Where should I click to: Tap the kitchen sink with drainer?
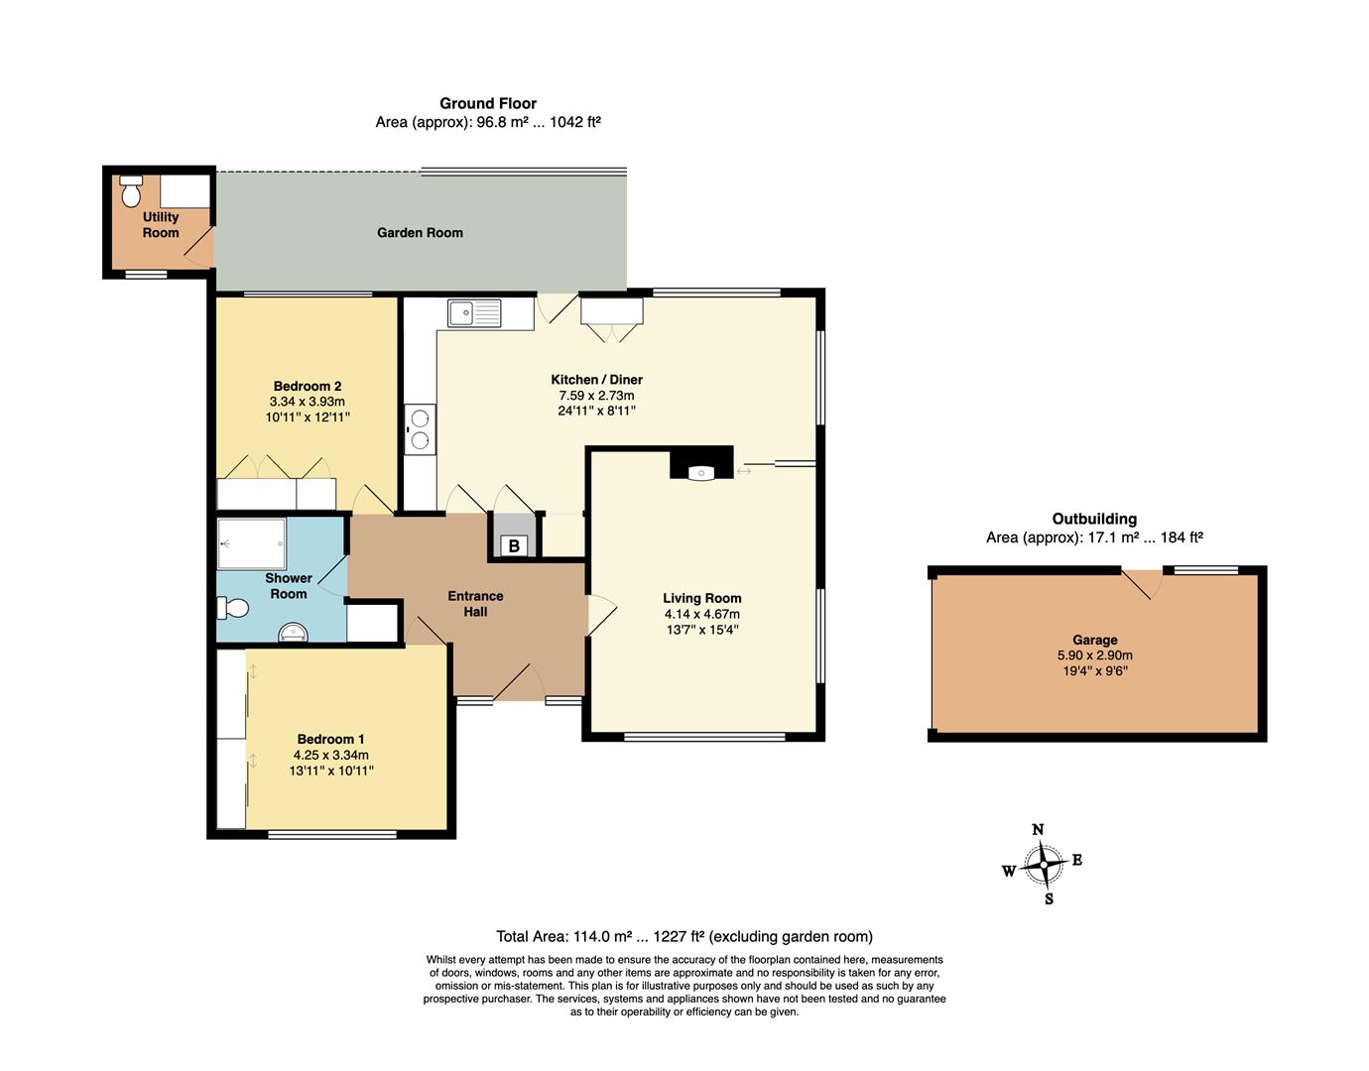click(474, 313)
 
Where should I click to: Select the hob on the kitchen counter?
click(421, 428)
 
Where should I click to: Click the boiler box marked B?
click(514, 545)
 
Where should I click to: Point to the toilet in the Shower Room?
click(232, 608)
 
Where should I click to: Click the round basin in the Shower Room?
click(294, 632)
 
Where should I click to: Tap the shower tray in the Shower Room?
click(251, 543)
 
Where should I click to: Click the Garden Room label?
click(420, 233)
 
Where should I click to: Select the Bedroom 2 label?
click(308, 386)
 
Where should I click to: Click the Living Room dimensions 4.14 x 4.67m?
click(701, 614)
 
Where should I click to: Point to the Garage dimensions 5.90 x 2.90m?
click(1095, 654)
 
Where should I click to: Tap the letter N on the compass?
click(1038, 830)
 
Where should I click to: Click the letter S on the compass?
click(1049, 899)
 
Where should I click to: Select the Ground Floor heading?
click(488, 103)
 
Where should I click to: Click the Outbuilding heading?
click(1094, 519)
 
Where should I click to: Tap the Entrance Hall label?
click(475, 604)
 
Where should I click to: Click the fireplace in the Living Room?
click(701, 463)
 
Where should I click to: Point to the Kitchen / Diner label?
click(596, 380)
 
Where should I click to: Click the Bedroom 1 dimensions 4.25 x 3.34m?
click(330, 755)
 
